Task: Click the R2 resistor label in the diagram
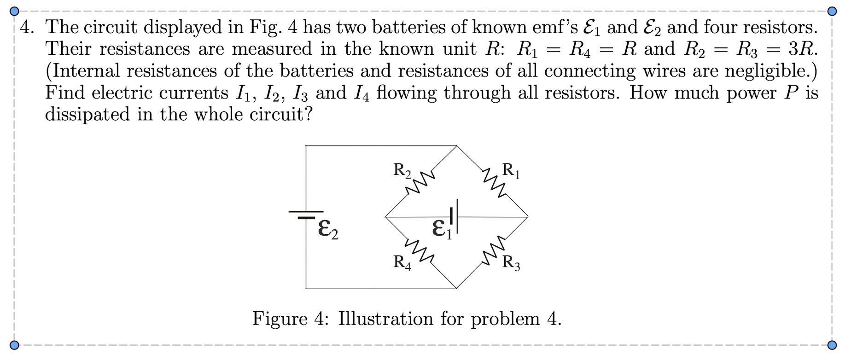coord(402,170)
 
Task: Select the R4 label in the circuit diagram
coord(402,262)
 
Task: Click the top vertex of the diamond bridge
coord(456,146)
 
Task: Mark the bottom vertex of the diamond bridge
coord(456,289)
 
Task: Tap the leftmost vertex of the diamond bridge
coord(385,216)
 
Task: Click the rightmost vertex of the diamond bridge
coord(528,216)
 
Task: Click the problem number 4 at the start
coord(27,28)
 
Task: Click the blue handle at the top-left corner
coord(15,11)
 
